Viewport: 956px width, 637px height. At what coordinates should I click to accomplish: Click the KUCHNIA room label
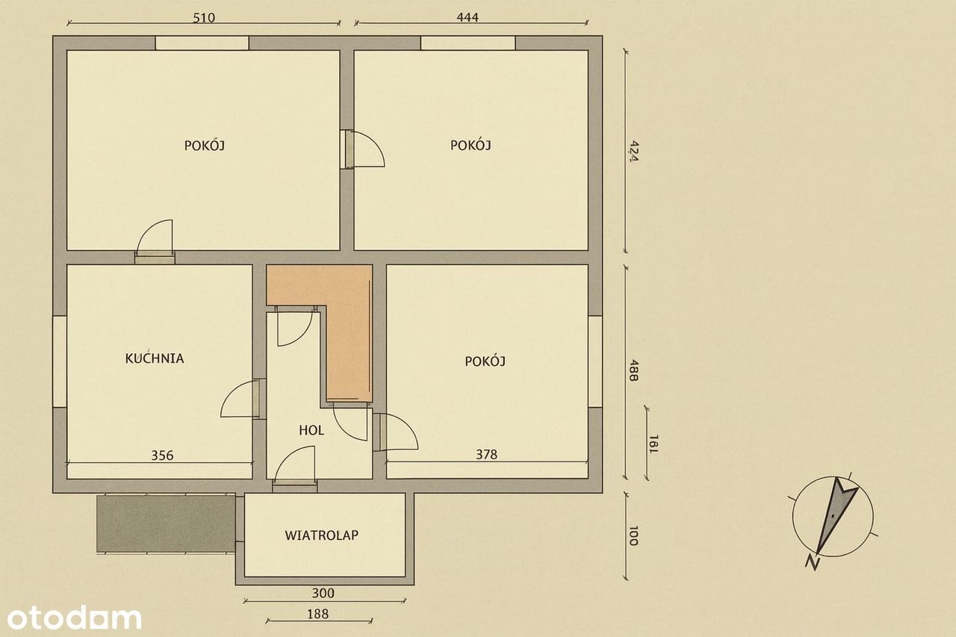point(155,358)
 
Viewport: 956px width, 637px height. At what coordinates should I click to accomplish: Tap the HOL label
point(311,430)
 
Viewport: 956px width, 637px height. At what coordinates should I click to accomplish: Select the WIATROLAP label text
point(322,535)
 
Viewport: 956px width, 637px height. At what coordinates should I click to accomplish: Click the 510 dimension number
point(204,18)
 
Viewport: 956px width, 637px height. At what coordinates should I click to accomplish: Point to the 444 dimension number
point(468,17)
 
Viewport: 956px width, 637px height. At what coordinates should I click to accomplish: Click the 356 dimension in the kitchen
point(163,456)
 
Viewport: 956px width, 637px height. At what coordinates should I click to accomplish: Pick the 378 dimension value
point(486,454)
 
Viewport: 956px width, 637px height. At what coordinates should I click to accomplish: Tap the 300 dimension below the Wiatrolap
point(323,593)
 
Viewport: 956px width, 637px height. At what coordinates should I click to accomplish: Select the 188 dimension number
point(318,614)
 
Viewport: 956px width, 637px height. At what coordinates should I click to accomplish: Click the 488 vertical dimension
point(633,370)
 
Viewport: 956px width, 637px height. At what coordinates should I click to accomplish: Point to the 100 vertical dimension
point(633,536)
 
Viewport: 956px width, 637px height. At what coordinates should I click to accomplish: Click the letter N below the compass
point(813,563)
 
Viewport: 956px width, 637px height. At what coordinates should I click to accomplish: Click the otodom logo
point(74,617)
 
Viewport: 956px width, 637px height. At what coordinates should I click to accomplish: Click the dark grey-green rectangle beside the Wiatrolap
point(166,524)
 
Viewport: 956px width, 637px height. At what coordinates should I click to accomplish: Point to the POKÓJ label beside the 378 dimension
point(485,361)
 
